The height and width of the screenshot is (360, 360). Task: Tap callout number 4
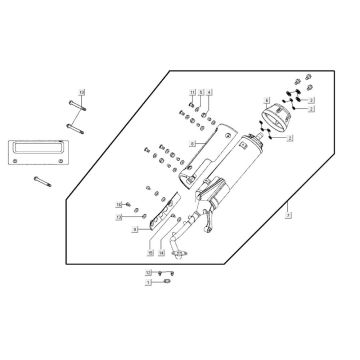[x=208, y=92]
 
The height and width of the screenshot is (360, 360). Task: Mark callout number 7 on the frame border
[x=286, y=211]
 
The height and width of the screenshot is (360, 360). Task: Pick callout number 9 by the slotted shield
[x=134, y=229]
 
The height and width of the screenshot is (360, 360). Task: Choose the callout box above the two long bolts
[x=83, y=91]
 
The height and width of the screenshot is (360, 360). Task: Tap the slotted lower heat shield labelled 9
[x=160, y=230]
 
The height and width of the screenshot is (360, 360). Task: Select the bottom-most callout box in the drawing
[x=149, y=283]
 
